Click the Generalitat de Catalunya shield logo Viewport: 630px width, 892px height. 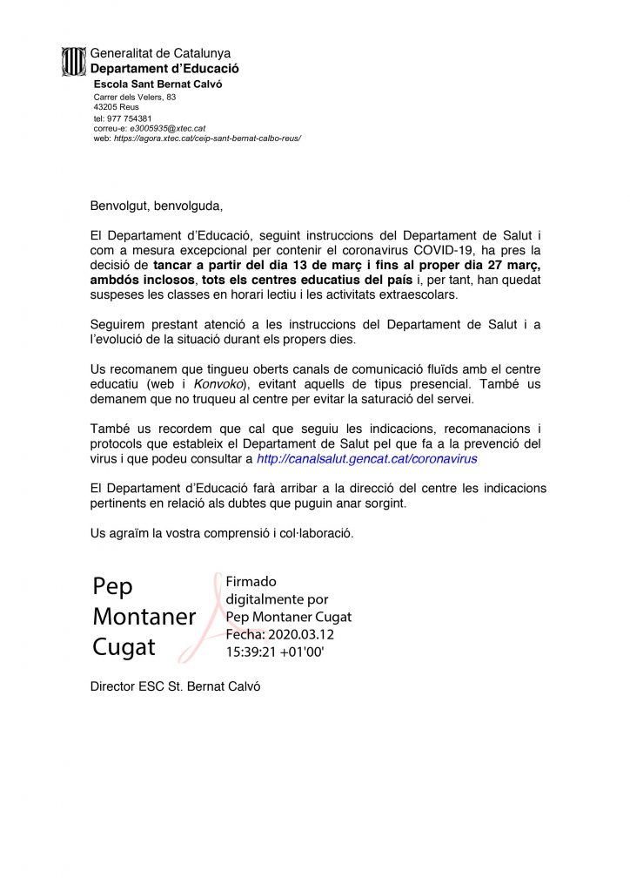coord(74,61)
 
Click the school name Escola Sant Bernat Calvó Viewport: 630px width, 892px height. coord(157,84)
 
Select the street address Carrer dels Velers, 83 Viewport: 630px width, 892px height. coord(135,97)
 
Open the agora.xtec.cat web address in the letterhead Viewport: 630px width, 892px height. coord(207,138)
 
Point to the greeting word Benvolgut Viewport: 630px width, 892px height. coord(119,206)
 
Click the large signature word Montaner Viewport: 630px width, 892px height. coord(144,618)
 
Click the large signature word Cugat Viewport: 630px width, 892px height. coord(124,647)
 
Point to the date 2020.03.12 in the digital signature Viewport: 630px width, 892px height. coord(302,634)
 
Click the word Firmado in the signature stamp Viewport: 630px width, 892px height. coord(251,582)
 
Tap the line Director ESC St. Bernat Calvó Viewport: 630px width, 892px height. coord(175,686)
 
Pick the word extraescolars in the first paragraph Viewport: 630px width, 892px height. coord(420,295)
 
